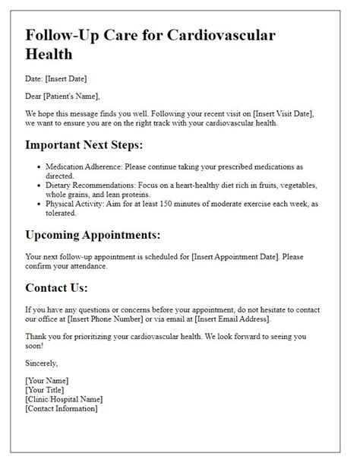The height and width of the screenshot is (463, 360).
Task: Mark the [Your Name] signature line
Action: click(x=46, y=380)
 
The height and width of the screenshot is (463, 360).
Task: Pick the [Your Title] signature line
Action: click(x=45, y=390)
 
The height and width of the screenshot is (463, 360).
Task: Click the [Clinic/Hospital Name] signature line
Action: click(x=64, y=399)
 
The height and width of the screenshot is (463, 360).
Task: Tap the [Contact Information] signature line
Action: click(x=62, y=408)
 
